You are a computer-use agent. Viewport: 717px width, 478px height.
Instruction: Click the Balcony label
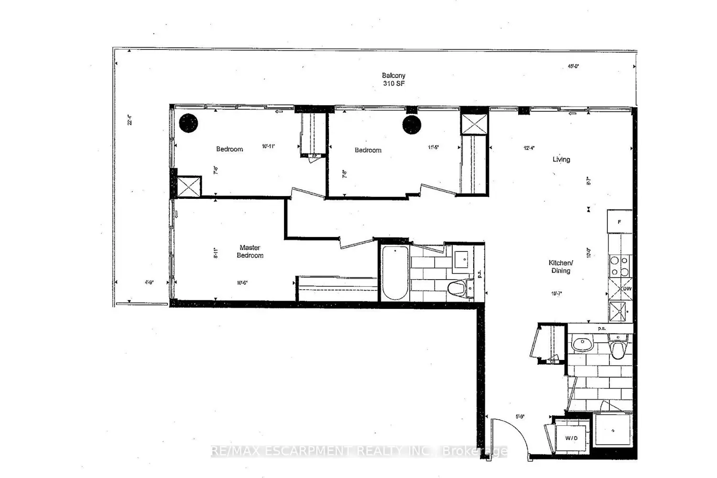tap(393, 76)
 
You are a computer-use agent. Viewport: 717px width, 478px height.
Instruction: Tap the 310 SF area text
tap(393, 84)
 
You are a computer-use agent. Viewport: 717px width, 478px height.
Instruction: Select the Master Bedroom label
tap(250, 251)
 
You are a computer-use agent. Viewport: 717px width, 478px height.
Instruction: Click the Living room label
tap(561, 160)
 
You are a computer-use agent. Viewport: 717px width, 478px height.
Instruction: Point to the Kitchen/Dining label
tap(561, 267)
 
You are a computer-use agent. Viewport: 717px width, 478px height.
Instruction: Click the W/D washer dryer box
tap(571, 438)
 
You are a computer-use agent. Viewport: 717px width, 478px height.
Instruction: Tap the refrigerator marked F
tap(619, 222)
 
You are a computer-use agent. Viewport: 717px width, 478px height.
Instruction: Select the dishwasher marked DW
tap(620, 289)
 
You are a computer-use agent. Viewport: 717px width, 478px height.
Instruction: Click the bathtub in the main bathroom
tap(395, 273)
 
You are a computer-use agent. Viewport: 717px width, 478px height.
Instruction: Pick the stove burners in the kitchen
tap(619, 266)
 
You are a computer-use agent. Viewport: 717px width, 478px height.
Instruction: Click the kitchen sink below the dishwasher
tap(619, 311)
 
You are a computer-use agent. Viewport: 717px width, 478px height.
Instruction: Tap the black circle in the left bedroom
tap(188, 123)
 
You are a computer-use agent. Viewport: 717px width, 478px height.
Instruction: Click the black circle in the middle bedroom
tap(412, 125)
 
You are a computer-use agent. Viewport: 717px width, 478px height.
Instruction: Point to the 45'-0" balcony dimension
tap(574, 66)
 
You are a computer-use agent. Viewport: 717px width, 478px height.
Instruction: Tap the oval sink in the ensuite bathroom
tap(582, 342)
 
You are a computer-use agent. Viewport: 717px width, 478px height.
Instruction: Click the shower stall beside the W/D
tap(612, 430)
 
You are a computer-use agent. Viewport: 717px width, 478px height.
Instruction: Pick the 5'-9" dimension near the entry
tap(520, 416)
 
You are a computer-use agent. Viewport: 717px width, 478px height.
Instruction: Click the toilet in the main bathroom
tap(457, 288)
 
